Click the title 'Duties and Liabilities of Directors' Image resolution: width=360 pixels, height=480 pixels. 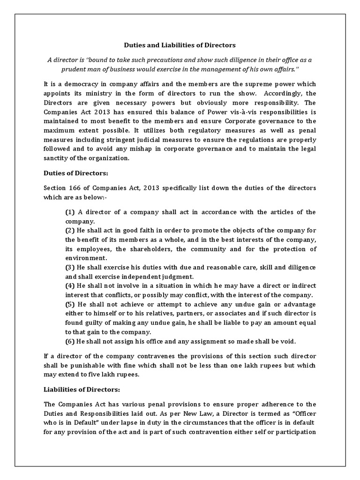pyautogui.click(x=180, y=45)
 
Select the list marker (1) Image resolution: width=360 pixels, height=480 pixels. pyautogui.click(x=70, y=212)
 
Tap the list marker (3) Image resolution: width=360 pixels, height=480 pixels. pyautogui.click(x=70, y=267)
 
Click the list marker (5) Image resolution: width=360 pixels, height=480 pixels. pyautogui.click(x=70, y=304)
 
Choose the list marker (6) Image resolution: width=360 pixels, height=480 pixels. pyautogui.click(x=70, y=341)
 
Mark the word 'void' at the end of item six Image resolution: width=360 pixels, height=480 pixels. pyautogui.click(x=288, y=341)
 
